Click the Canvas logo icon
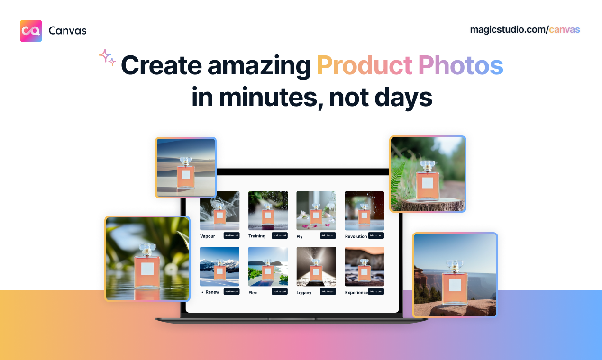pos(31,31)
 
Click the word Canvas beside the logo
pos(67,31)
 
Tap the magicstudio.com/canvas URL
pos(525,29)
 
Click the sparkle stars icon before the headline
pos(108,57)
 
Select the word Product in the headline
pos(364,66)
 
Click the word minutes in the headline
pos(270,97)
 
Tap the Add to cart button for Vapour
pos(232,235)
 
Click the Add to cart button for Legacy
pos(328,291)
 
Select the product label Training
pos(257,236)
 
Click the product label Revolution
pos(356,236)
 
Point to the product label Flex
pos(253,293)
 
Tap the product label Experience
pos(356,293)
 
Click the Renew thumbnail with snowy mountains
pos(219,266)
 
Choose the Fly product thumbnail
pos(316,210)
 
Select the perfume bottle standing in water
pos(147,268)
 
